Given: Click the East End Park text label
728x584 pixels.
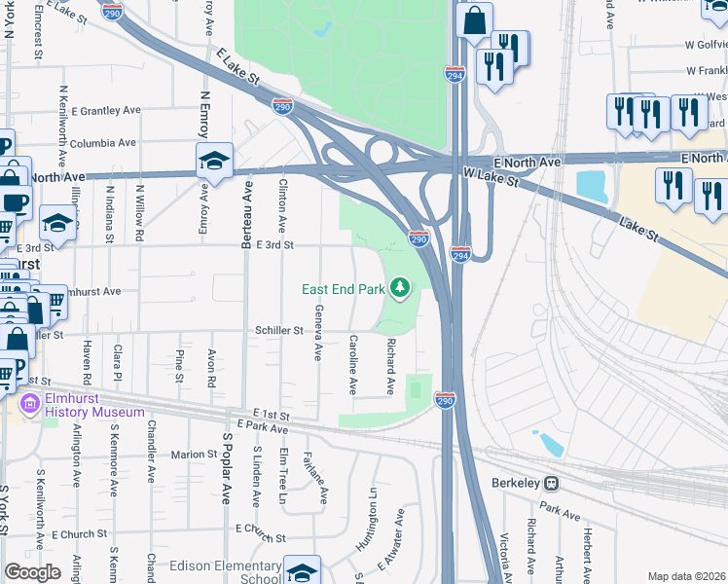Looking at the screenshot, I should pos(344,289).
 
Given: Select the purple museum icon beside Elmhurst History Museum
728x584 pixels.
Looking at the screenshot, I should pos(29,403).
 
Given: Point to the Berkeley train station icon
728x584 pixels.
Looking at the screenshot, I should pos(551,483).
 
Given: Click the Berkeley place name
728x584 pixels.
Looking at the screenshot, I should pos(513,483).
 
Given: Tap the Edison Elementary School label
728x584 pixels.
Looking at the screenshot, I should pos(225,572).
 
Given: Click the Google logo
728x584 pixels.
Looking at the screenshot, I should pos(32,572).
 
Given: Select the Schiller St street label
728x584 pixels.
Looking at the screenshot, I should pos(278,331).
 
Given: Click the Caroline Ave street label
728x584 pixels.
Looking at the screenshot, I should pos(352,365).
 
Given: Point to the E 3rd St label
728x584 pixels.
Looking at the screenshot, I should pos(268,245).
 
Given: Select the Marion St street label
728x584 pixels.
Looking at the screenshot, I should pos(193,454).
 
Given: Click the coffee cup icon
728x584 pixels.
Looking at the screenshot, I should pos(15,201).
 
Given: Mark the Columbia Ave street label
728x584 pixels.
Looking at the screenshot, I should pos(106,142).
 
